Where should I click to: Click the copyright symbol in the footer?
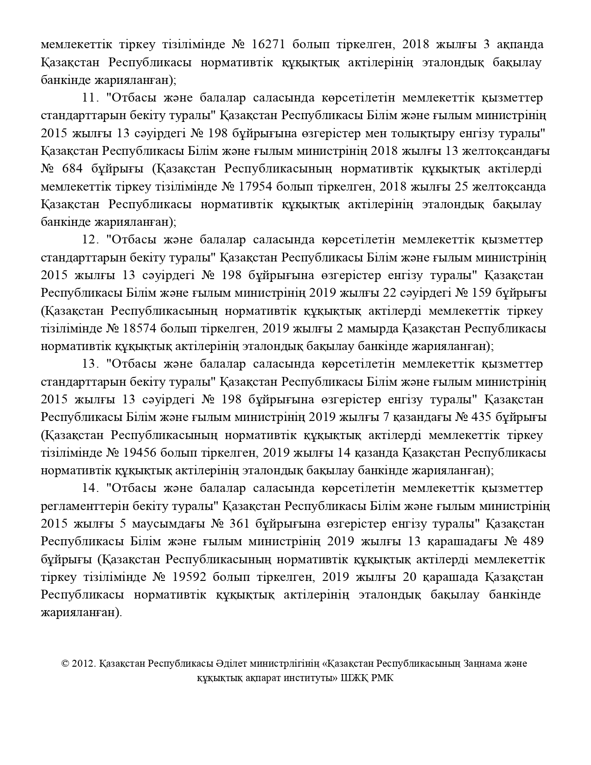[64, 664]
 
